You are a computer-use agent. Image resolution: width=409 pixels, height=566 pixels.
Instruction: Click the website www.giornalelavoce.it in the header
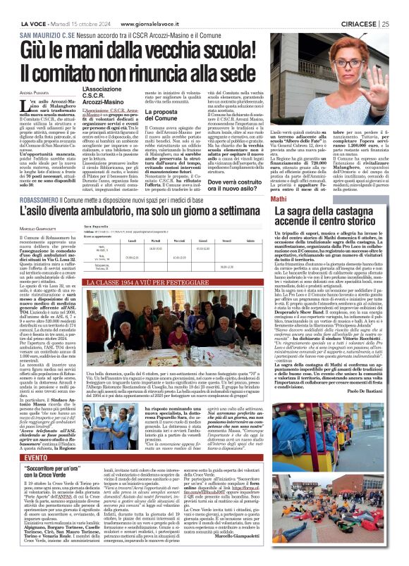(x=113, y=6)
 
